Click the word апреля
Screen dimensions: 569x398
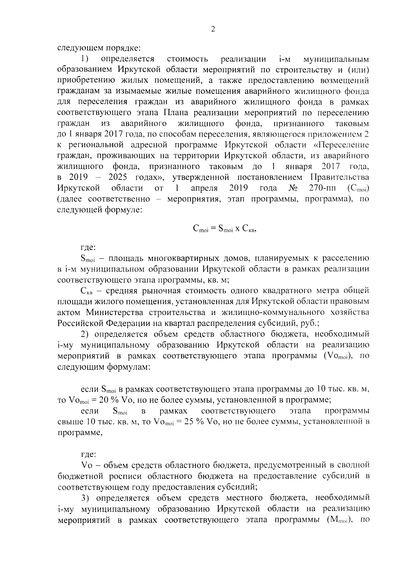click(204, 188)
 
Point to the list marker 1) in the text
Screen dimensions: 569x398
click(84, 59)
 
